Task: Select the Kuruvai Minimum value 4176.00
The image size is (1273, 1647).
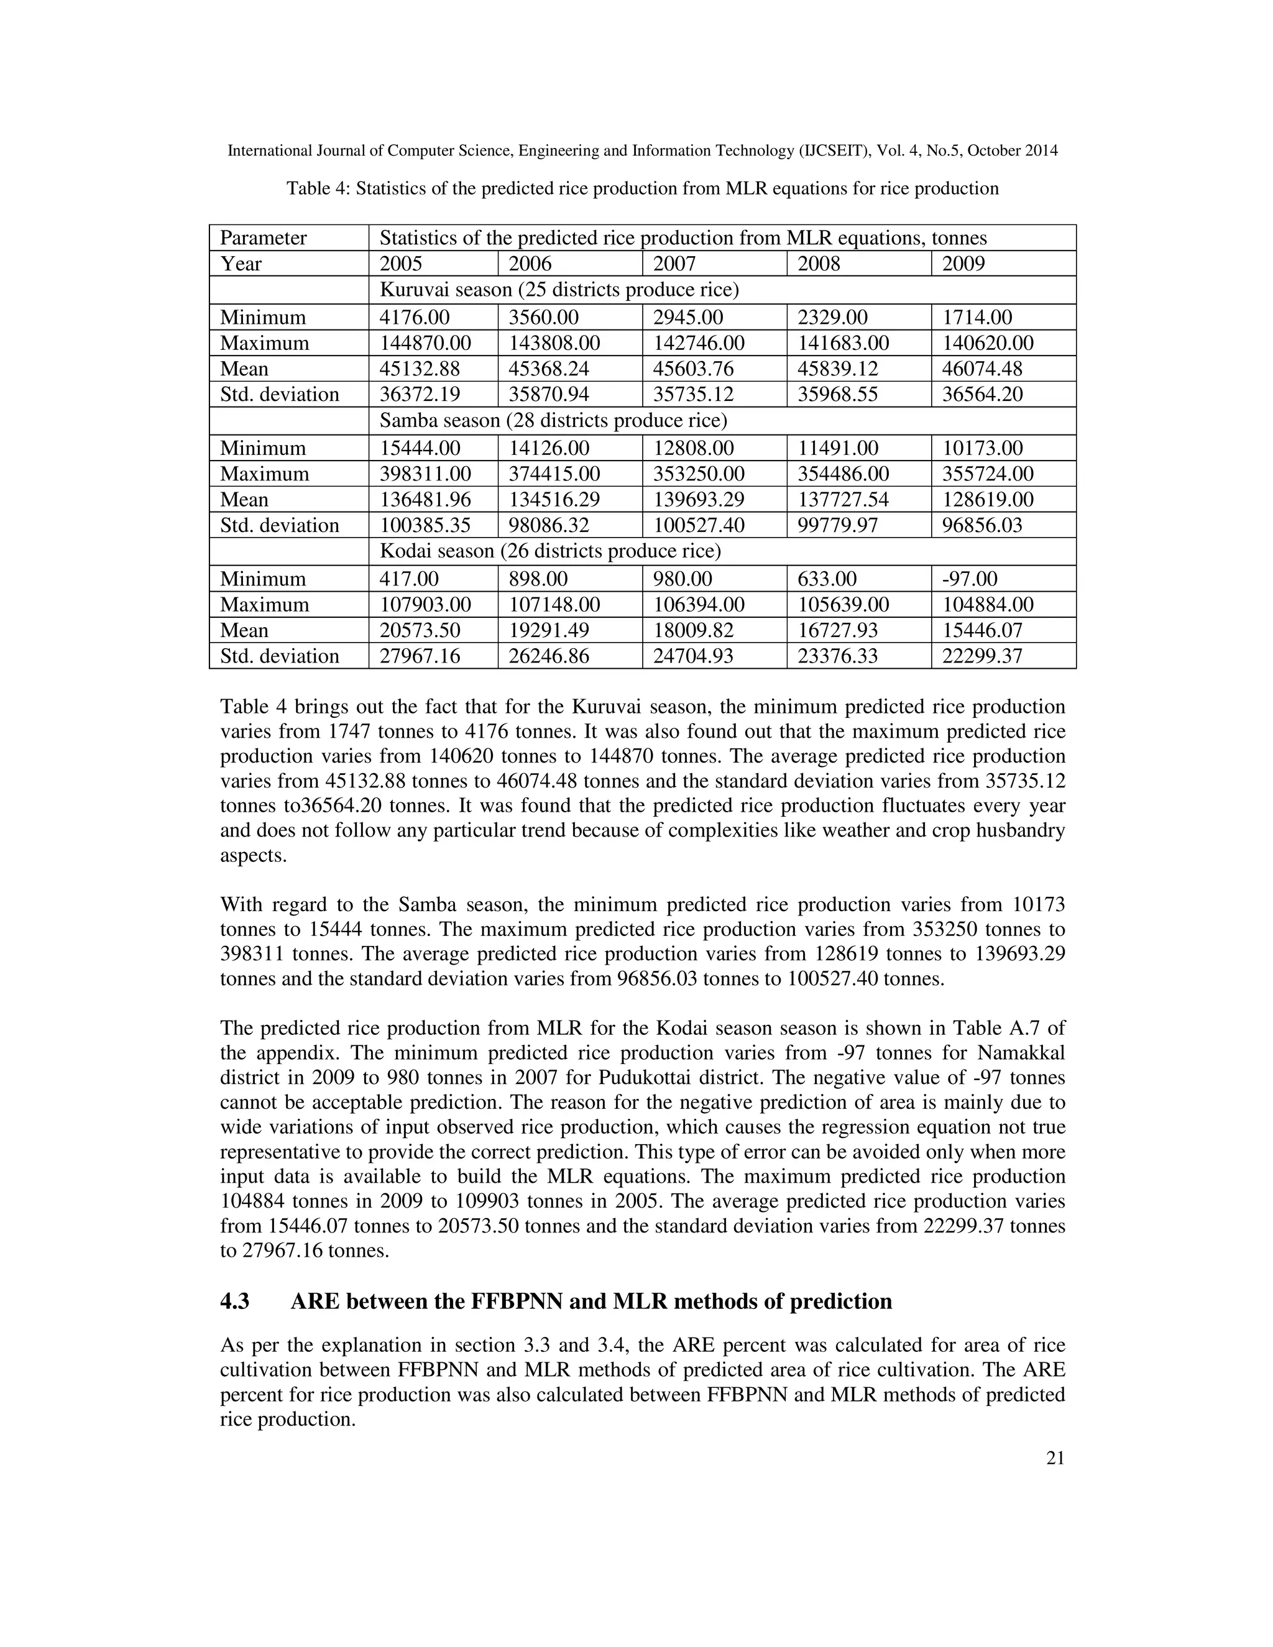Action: pos(420,318)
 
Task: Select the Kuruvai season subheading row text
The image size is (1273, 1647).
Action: pos(559,290)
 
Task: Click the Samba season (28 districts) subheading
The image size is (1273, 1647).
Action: pos(553,420)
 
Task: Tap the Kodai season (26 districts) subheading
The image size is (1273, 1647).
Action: pos(549,552)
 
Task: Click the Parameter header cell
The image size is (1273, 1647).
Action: pos(263,238)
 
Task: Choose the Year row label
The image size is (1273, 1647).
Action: pos(241,264)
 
